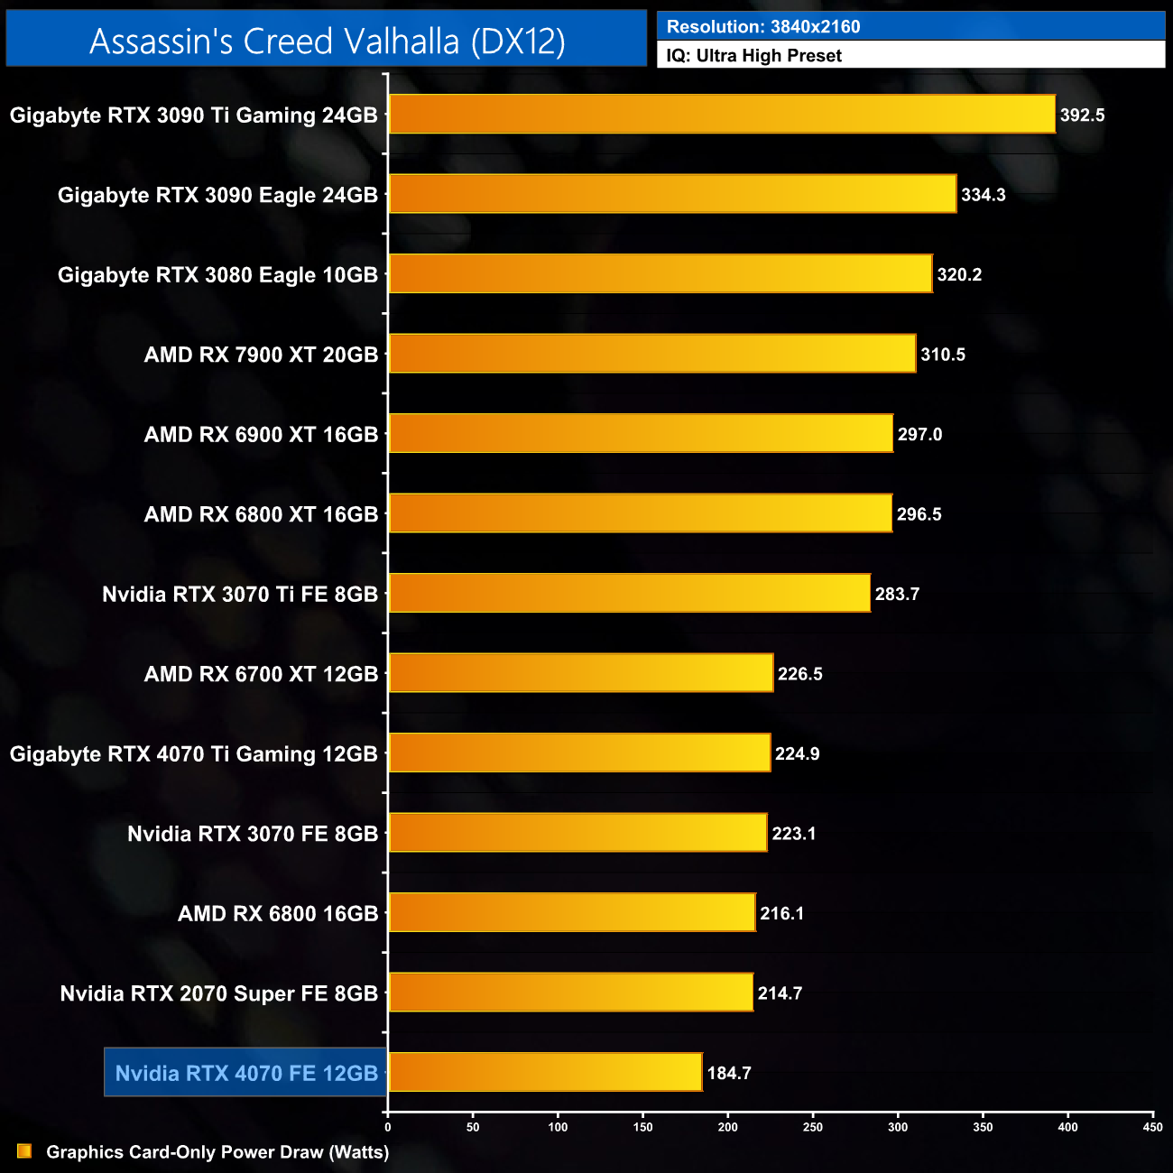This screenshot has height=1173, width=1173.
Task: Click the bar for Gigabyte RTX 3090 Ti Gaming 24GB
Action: coord(722,115)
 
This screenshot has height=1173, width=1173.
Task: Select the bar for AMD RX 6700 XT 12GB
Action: coord(580,673)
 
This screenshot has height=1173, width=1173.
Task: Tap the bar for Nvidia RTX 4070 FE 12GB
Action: coord(545,1072)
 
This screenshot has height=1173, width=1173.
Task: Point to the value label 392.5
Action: coord(1082,115)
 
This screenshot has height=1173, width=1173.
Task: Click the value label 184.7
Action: coord(729,1073)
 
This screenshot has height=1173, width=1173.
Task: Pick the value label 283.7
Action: coord(897,594)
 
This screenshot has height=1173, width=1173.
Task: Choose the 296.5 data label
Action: coord(919,514)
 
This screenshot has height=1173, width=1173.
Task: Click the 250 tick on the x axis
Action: coord(813,1127)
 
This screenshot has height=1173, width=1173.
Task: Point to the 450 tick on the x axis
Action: coord(1152,1127)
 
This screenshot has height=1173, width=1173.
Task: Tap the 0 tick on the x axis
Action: coord(388,1127)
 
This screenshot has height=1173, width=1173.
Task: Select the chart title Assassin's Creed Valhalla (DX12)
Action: coord(328,41)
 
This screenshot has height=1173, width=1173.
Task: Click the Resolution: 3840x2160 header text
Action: coord(762,27)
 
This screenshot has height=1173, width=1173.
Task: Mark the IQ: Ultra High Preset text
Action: coord(753,56)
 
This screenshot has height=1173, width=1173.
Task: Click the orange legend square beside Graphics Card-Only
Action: coord(24,1151)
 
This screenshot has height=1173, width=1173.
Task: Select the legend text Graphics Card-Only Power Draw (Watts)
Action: coord(217,1152)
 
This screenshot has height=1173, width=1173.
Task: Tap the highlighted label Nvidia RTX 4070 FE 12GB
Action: coord(246,1073)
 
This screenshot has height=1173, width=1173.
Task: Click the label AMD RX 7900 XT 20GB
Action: coord(261,355)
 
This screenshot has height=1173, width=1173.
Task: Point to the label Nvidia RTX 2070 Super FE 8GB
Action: coord(218,993)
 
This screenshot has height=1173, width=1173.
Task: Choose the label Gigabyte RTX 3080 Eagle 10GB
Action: coord(217,275)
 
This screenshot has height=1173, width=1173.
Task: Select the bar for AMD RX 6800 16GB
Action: coord(571,912)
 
